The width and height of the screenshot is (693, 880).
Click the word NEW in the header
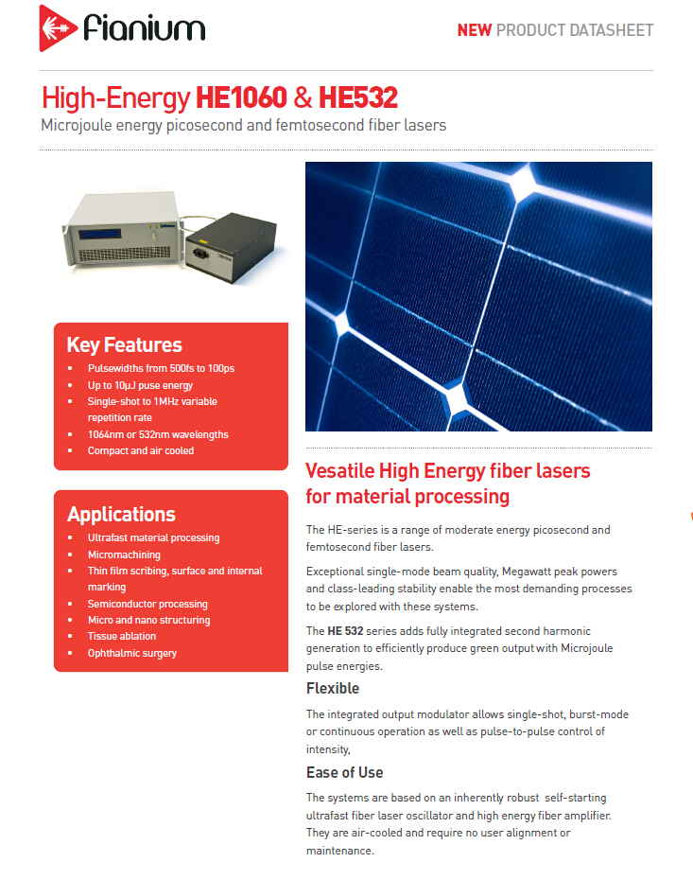[474, 30]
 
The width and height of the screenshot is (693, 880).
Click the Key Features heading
[124, 344]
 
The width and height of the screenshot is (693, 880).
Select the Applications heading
[121, 514]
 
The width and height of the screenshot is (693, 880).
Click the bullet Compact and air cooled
[140, 450]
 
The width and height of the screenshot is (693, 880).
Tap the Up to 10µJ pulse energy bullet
[140, 385]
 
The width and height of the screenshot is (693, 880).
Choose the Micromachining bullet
[124, 554]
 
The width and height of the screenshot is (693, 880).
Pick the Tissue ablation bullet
[122, 637]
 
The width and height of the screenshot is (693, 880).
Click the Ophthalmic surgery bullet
[131, 653]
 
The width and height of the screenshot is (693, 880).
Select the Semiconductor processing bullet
[147, 604]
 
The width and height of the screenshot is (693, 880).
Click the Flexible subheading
[333, 688]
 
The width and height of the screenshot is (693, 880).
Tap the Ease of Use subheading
[344, 772]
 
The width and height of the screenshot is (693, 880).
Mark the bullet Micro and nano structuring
[148, 620]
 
